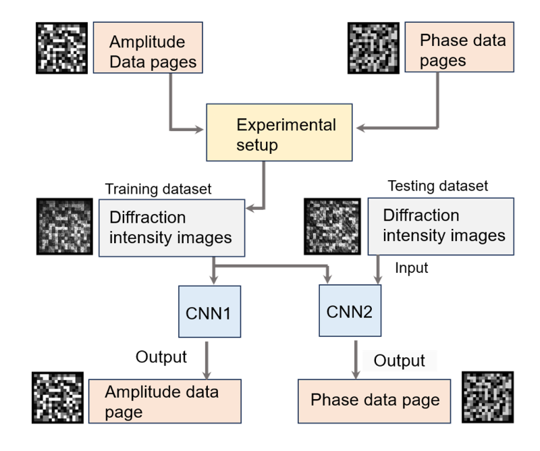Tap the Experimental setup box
(x=280, y=134)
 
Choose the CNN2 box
(x=350, y=312)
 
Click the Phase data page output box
(x=375, y=400)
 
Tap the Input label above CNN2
(x=412, y=268)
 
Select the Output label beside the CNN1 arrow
(x=161, y=356)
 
